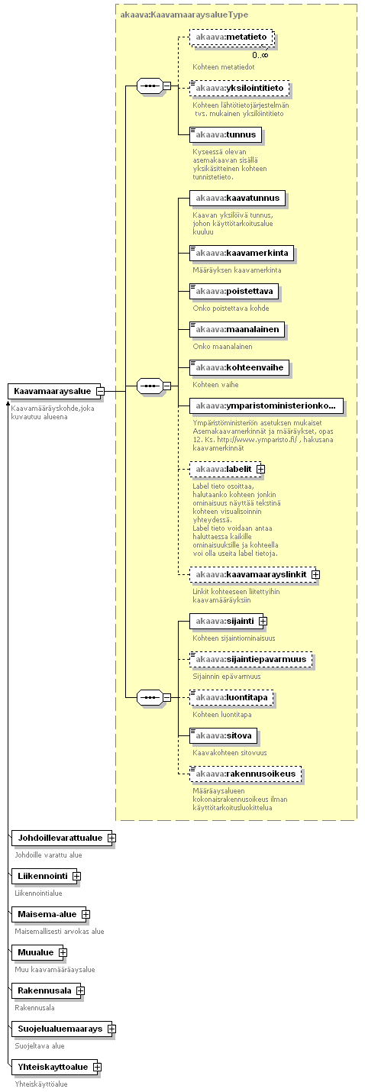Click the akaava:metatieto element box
click(232, 37)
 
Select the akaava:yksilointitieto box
click(239, 89)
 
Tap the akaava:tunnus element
click(225, 135)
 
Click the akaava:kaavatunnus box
click(237, 199)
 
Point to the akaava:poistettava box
click(234, 292)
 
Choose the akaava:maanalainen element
click(237, 330)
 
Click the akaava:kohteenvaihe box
click(239, 368)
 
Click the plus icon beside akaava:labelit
click(260, 469)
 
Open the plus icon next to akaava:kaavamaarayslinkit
click(316, 575)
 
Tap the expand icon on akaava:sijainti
click(263, 622)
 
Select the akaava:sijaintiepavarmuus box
click(251, 660)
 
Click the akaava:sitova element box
click(224, 736)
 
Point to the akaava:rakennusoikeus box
click(246, 774)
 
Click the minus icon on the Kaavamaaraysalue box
click(100, 392)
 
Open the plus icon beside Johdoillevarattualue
click(111, 838)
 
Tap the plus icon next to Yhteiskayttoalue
click(97, 1067)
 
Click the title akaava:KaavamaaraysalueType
click(184, 15)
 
